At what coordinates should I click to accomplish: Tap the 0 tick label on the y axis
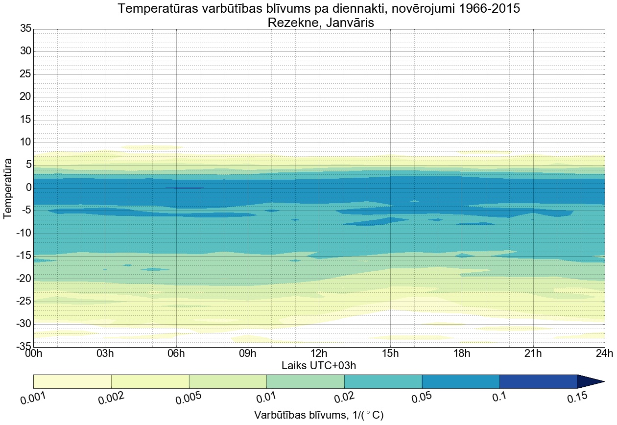pyautogui.click(x=28, y=188)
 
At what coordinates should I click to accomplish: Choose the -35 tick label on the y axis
pyautogui.click(x=23, y=347)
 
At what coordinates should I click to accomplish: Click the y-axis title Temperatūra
pyautogui.click(x=8, y=188)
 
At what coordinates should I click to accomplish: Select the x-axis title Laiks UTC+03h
pyautogui.click(x=319, y=365)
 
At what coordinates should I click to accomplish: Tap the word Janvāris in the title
pyautogui.click(x=347, y=23)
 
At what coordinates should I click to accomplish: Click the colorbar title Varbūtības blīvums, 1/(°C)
pyautogui.click(x=319, y=415)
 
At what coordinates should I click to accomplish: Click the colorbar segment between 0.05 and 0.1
pyautogui.click(x=461, y=381)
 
